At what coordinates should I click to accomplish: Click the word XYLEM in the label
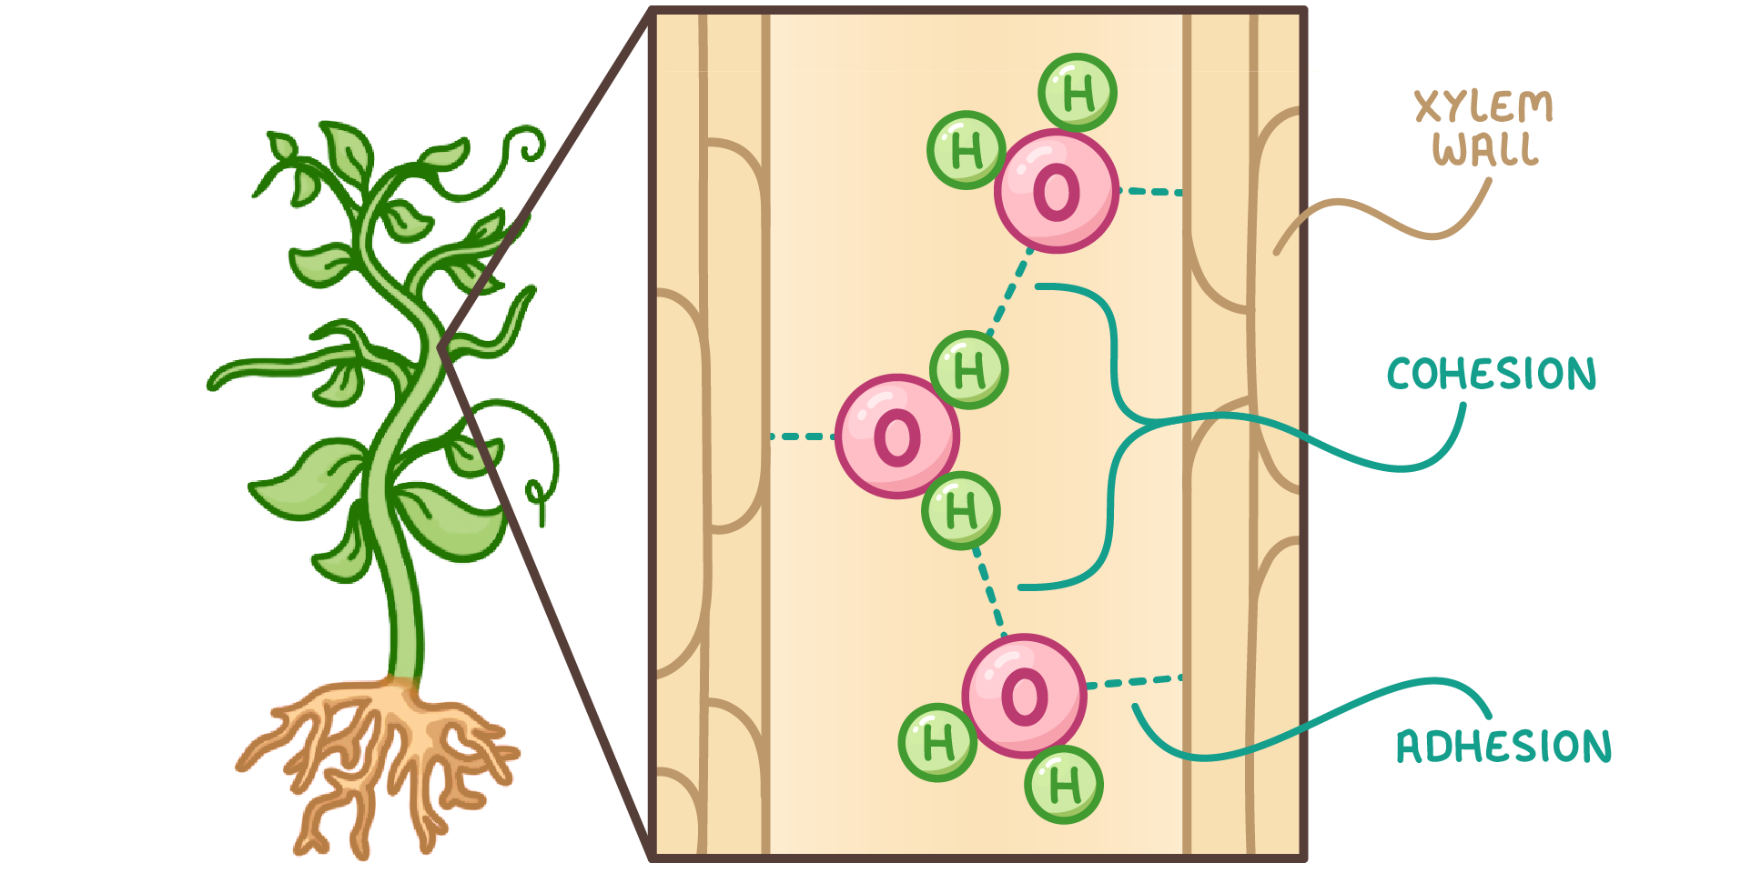tap(1483, 107)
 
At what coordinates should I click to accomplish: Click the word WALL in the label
tap(1485, 149)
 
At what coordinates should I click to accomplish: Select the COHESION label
tap(1492, 374)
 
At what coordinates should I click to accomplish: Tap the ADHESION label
tap(1503, 746)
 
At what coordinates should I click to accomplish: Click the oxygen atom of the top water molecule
tap(1056, 191)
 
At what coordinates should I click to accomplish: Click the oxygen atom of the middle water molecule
tap(896, 436)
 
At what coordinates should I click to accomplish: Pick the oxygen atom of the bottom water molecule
tap(1024, 697)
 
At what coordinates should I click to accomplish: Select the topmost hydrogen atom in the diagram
tap(1078, 92)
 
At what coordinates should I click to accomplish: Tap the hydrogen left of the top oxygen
tap(966, 150)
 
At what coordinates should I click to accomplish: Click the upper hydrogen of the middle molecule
tap(969, 370)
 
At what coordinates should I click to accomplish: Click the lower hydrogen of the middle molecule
tap(961, 510)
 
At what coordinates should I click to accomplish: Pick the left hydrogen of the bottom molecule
tap(937, 742)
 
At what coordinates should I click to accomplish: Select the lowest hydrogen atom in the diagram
tap(1063, 784)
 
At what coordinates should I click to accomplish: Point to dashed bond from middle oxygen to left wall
tap(801, 436)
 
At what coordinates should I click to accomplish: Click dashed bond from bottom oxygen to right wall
tap(1134, 681)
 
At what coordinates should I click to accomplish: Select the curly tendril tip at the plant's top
tap(528, 145)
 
